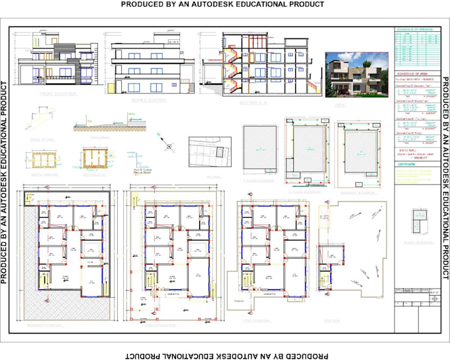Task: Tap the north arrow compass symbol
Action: pos(169,143)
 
